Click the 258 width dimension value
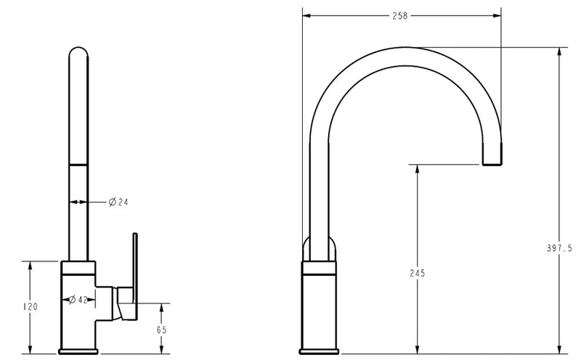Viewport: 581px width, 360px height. (401, 15)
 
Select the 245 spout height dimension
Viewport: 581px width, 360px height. (417, 274)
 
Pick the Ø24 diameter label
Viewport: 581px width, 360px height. (118, 201)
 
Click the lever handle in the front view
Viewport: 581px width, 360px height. (134, 269)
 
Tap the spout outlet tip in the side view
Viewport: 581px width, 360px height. (492, 162)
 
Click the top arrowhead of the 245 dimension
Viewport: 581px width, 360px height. (417, 169)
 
